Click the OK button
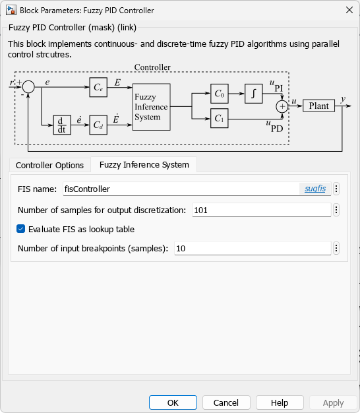click(x=173, y=402)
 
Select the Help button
click(x=280, y=402)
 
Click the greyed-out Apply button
click(x=333, y=402)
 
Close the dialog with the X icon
click(x=349, y=10)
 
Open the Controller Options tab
click(x=49, y=165)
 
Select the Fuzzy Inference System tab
click(x=144, y=165)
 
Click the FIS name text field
click(x=181, y=189)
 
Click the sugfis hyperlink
click(x=315, y=189)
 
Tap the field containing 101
click(x=262, y=210)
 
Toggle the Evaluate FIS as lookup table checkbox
click(x=21, y=229)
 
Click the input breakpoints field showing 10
click(x=253, y=248)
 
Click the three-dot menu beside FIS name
click(x=336, y=189)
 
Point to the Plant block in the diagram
click(x=318, y=106)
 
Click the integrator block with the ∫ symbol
click(x=254, y=94)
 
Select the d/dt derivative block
click(x=62, y=125)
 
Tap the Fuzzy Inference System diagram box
click(x=151, y=107)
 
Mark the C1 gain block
click(x=219, y=118)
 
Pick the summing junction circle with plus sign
click(x=282, y=107)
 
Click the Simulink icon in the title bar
click(x=11, y=11)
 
